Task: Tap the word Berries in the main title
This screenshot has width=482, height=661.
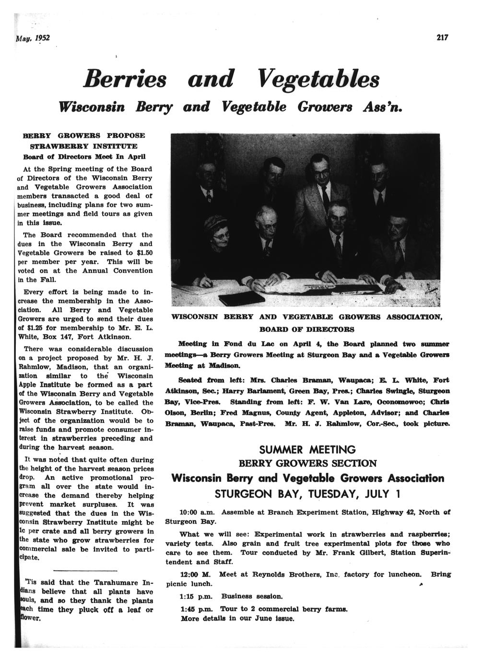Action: pyautogui.click(x=125, y=80)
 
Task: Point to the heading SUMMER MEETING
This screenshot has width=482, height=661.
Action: pyautogui.click(x=307, y=450)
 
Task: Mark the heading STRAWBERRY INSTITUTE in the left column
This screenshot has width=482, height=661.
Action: pyautogui.click(x=84, y=146)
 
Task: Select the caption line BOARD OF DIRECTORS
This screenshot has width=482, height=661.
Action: pyautogui.click(x=306, y=330)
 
